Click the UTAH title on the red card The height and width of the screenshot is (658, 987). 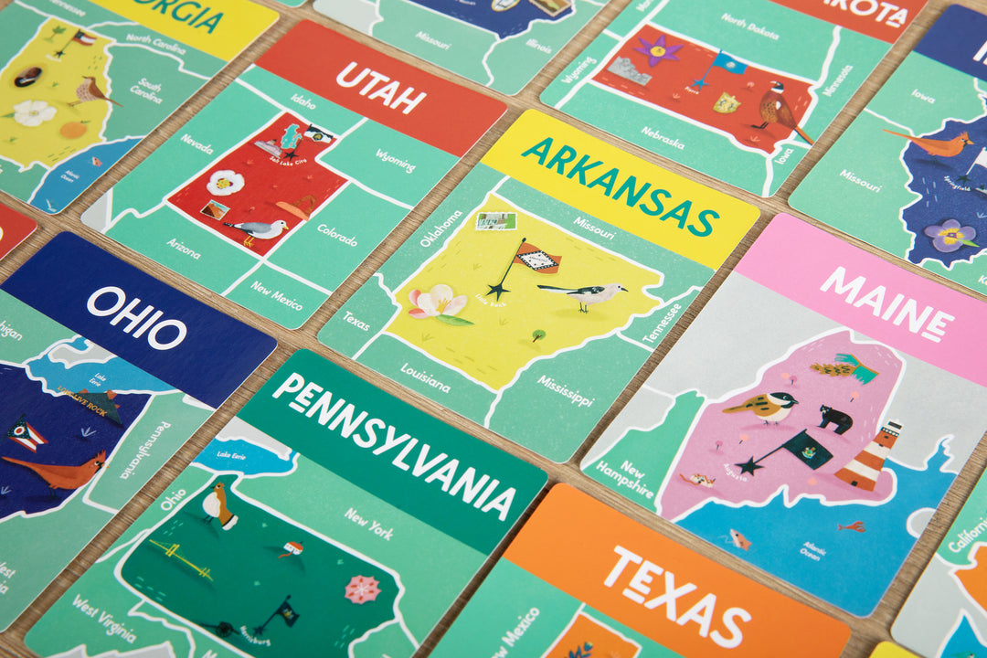point(381,88)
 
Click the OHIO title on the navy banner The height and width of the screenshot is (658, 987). point(136,316)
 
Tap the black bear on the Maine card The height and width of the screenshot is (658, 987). point(834,419)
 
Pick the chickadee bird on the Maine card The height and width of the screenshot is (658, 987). point(762,407)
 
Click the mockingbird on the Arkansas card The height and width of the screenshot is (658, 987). point(585,293)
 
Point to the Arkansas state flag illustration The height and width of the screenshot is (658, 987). point(536,259)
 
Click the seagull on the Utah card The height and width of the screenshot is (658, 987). point(257,229)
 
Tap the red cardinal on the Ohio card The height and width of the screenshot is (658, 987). point(64,472)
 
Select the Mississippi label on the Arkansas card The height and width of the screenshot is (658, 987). point(565,389)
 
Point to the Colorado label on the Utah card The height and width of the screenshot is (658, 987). point(337,235)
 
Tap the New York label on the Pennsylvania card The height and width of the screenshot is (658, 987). point(368,524)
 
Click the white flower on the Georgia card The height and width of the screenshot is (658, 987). point(34,112)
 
